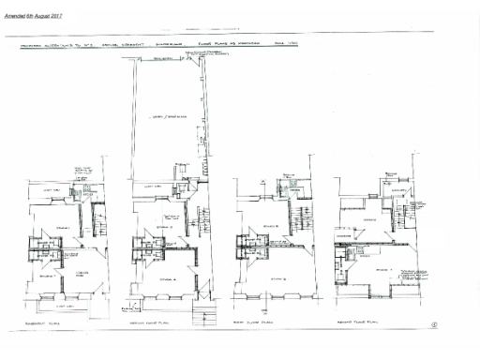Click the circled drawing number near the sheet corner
coord(434,325)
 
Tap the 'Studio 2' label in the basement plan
coord(45,277)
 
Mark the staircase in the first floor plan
coord(301,221)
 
